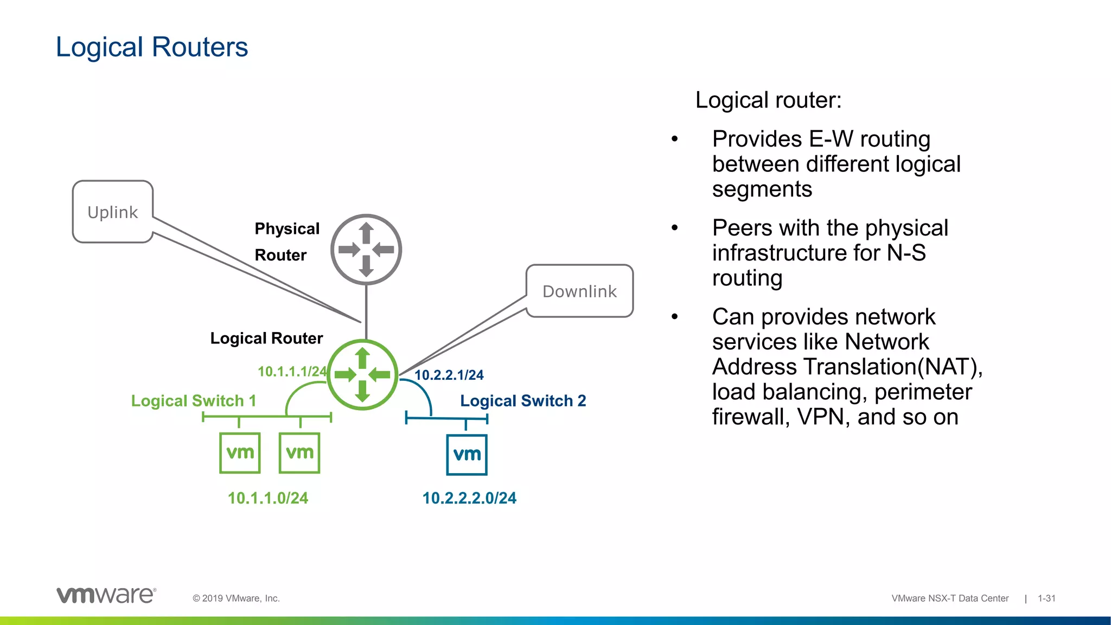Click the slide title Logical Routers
[152, 47]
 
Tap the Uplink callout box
[113, 212]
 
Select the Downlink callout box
[579, 291]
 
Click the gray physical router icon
[366, 250]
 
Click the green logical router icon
[362, 374]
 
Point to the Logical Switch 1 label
[194, 401]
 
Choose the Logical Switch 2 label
[523, 401]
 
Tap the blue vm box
[467, 455]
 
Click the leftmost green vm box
[240, 452]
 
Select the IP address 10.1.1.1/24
[292, 372]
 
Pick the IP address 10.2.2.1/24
[449, 375]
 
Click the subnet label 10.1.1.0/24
[267, 498]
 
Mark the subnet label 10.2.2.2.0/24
[469, 498]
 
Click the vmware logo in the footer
[106, 595]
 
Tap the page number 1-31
[1046, 598]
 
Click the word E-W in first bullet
[831, 139]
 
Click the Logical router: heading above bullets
[768, 100]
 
